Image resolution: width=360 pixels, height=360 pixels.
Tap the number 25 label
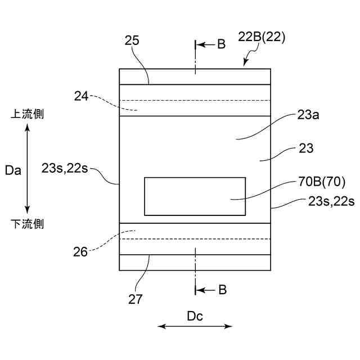coord(132,40)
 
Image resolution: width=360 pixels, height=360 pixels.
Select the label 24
coord(82,96)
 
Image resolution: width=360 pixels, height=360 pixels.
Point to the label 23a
coord(309,115)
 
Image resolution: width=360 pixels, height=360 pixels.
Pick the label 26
coord(80,251)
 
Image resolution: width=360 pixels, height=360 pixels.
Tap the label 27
coord(135,299)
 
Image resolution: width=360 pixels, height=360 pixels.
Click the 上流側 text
coord(27,114)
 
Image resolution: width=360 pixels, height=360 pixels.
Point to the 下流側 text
coord(27,224)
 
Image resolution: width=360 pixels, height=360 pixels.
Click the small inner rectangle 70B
coord(195,196)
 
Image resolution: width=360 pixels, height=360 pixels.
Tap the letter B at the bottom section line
coord(222,290)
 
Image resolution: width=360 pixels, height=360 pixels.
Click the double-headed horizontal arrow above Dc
coord(195,326)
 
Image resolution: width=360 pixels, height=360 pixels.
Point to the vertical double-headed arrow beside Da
coord(28,169)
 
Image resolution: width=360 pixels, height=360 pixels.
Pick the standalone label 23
coord(307,149)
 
